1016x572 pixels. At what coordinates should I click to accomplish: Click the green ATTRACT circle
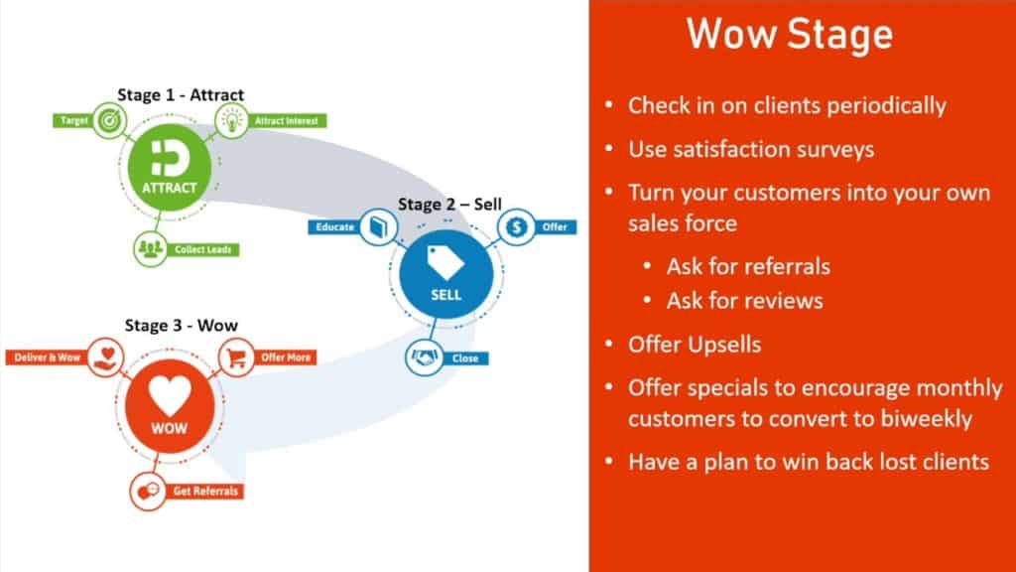(169, 167)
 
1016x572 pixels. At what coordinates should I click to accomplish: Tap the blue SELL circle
(445, 274)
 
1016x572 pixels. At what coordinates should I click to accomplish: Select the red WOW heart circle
(170, 406)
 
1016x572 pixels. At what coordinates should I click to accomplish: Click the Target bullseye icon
(109, 120)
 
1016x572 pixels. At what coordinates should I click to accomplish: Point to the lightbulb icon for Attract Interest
(231, 120)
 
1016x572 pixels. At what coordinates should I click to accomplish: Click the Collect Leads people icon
(151, 249)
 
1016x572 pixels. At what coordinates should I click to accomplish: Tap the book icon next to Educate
(378, 227)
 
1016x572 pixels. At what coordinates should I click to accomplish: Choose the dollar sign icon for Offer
(516, 227)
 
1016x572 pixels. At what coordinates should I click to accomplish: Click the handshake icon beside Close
(424, 357)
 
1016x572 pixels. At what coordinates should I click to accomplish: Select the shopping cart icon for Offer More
(236, 357)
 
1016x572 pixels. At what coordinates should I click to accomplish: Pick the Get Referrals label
(205, 491)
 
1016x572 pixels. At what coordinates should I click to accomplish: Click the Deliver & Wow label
(47, 357)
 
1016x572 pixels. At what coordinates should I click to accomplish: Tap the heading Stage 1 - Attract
(181, 94)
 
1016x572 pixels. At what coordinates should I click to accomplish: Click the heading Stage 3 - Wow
(182, 325)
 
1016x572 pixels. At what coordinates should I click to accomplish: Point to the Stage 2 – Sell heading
(449, 205)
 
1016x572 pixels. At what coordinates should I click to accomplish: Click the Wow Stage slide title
(790, 34)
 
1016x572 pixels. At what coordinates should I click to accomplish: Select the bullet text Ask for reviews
(745, 301)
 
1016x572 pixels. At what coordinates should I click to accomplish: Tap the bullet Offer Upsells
(695, 345)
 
